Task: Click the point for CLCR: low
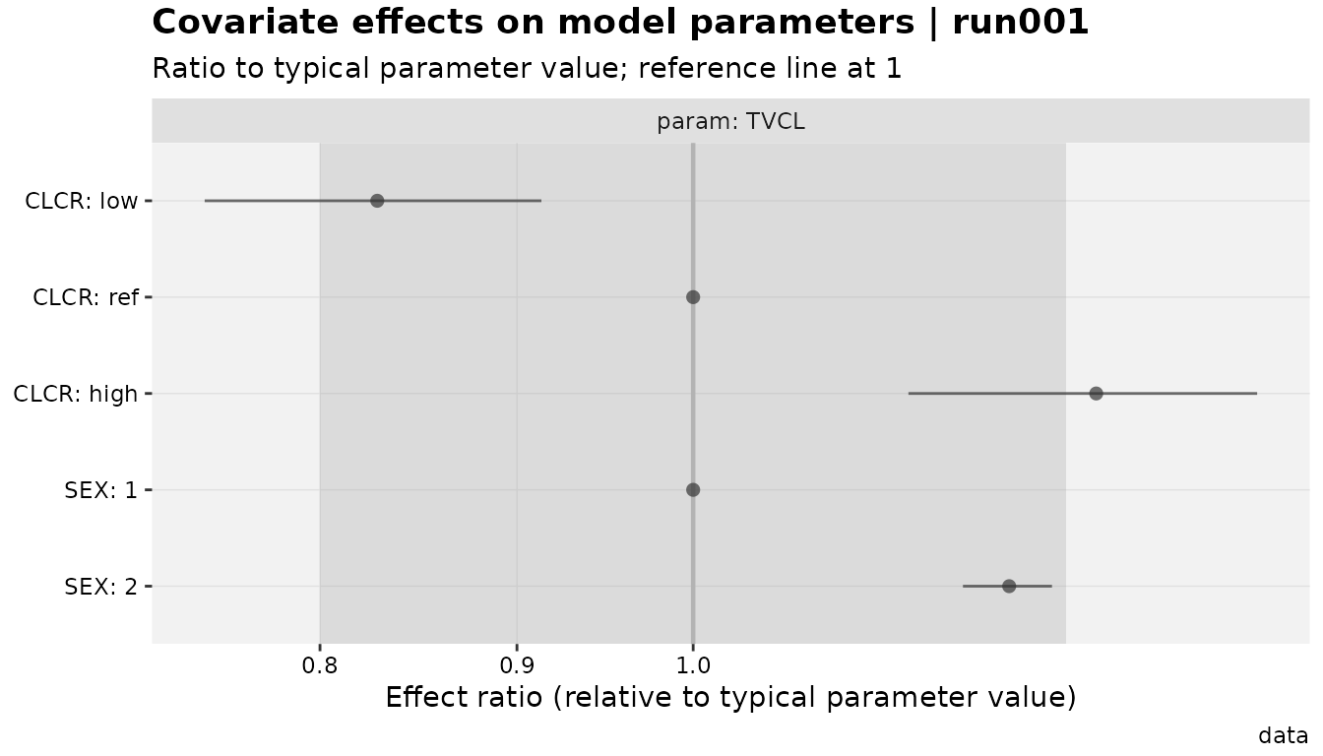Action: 377,201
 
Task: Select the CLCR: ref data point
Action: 693,297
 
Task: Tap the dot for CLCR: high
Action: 1096,394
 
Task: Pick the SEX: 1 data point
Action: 693,489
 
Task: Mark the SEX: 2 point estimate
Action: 1009,586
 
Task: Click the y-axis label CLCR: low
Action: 82,202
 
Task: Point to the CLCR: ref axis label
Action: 86,297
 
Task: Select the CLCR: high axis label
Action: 76,394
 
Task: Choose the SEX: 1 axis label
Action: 100,490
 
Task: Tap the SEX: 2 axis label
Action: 100,587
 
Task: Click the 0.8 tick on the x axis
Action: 320,665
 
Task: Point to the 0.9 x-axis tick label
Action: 517,665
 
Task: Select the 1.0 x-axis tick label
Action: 693,665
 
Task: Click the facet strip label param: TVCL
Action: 730,122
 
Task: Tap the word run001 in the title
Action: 1021,23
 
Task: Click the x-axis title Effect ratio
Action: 730,697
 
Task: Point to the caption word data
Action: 1283,736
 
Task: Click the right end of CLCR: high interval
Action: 1257,394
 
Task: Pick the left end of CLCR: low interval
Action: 205,201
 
